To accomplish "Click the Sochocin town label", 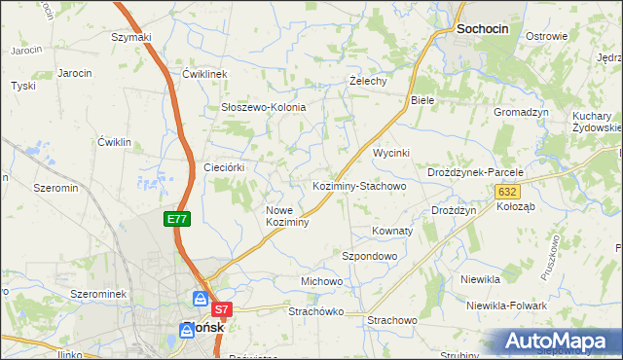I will coord(483,30).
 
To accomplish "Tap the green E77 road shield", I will coord(176,219).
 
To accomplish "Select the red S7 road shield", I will coord(222,310).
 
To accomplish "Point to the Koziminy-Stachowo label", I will coord(358,185).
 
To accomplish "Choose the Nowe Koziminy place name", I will coord(287,216).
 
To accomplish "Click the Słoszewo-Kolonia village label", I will coord(264,107).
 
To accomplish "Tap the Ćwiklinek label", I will coord(204,74).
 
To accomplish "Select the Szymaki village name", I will coord(131,37).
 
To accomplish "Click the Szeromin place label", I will coord(55,187).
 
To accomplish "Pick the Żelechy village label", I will coord(369,81).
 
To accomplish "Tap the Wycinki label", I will coord(392,154).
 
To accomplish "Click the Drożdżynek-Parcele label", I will coord(476,172).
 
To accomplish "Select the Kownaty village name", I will coord(392,232).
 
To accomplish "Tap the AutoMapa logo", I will coord(561,342).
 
